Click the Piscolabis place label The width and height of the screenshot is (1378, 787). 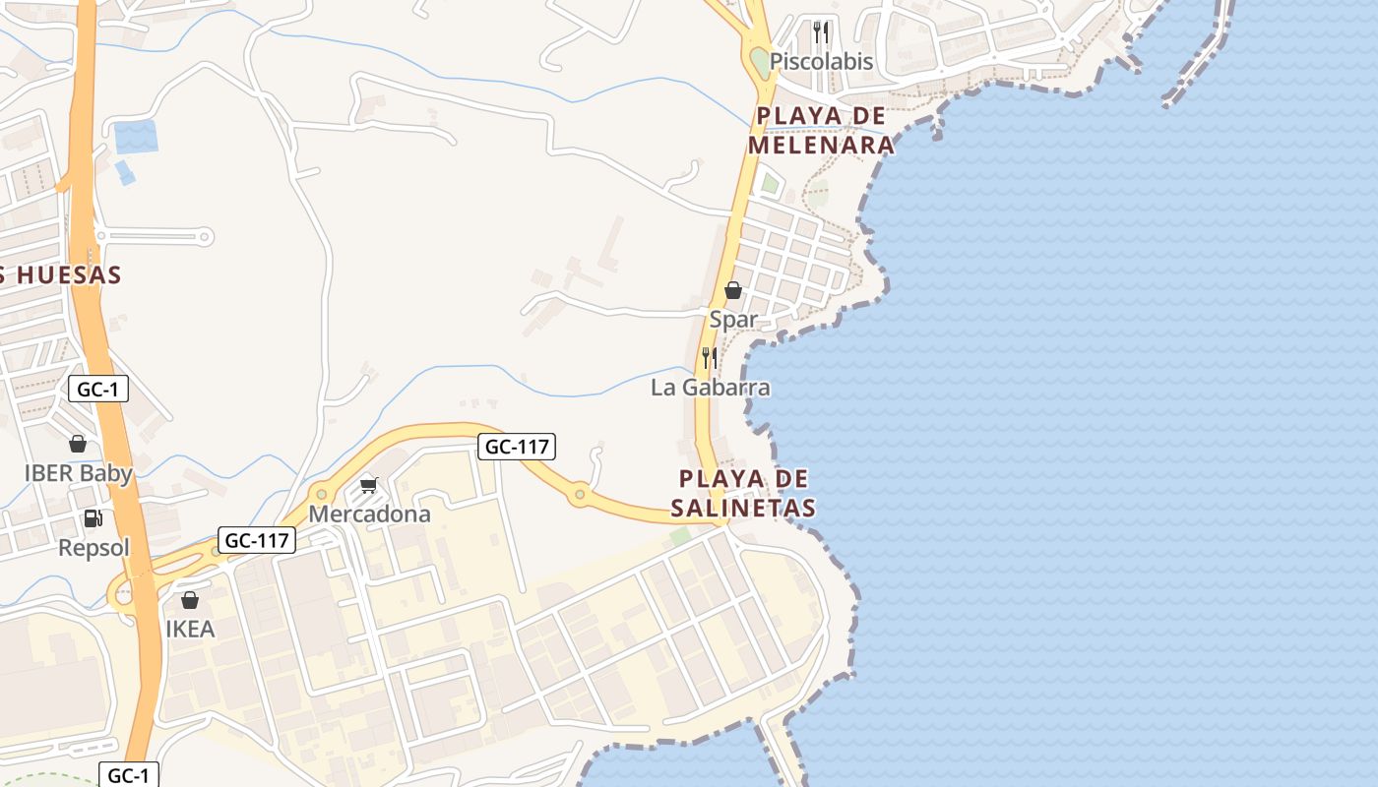[821, 61]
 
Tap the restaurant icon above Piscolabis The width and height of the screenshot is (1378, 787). [821, 32]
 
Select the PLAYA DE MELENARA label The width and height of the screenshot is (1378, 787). [821, 131]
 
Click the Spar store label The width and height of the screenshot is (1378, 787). [733, 320]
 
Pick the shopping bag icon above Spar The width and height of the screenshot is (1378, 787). [733, 290]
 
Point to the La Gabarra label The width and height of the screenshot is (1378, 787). [710, 388]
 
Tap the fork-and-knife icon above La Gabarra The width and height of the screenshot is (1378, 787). [709, 357]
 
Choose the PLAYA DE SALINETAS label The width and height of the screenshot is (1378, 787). [744, 493]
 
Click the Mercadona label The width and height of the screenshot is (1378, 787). [369, 515]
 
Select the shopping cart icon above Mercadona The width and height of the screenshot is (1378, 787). [369, 485]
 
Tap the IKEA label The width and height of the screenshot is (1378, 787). [190, 630]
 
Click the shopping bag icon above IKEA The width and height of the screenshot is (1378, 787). [190, 600]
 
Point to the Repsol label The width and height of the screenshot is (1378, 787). [94, 548]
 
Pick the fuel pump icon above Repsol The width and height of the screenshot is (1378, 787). [94, 518]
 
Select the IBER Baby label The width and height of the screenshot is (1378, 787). [78, 473]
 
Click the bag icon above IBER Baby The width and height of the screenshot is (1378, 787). [78, 444]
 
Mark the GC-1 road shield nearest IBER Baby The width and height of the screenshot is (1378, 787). [98, 390]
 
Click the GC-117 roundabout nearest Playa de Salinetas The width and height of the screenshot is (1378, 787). [581, 493]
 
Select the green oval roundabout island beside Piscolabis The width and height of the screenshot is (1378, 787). [759, 64]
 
